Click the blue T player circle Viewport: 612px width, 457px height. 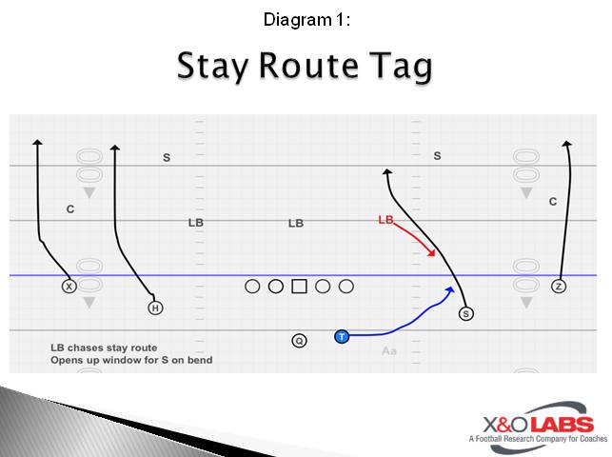click(342, 336)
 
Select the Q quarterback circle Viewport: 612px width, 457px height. click(299, 340)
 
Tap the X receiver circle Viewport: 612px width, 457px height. click(69, 286)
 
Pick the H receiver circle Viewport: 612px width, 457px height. click(155, 308)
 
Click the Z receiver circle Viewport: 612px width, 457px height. click(559, 286)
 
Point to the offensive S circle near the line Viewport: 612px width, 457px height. click(465, 313)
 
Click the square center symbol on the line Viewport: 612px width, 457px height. click(299, 286)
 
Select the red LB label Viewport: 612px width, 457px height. click(385, 220)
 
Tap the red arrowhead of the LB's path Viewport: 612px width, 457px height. click(433, 253)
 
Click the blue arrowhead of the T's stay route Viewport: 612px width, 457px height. click(450, 287)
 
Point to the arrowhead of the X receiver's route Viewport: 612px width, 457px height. click(37, 143)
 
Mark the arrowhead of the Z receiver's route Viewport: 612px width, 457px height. click(567, 144)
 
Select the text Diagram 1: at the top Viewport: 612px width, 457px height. click(306, 18)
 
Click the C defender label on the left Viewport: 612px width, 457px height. click(69, 209)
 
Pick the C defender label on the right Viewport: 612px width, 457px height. click(553, 202)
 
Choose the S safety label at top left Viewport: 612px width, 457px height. click(167, 158)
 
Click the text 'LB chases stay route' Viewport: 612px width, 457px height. click(104, 348)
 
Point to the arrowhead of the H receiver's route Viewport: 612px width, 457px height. click(115, 148)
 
